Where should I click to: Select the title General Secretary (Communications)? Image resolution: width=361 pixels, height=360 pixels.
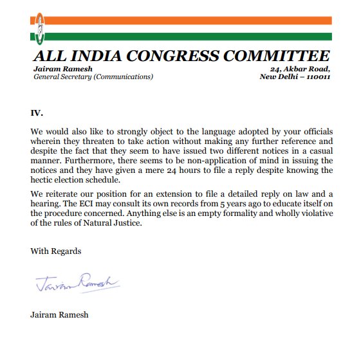coord(93,76)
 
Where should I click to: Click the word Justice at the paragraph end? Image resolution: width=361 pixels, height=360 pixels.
coord(124,224)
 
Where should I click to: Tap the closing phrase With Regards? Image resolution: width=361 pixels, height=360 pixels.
coord(56,251)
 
